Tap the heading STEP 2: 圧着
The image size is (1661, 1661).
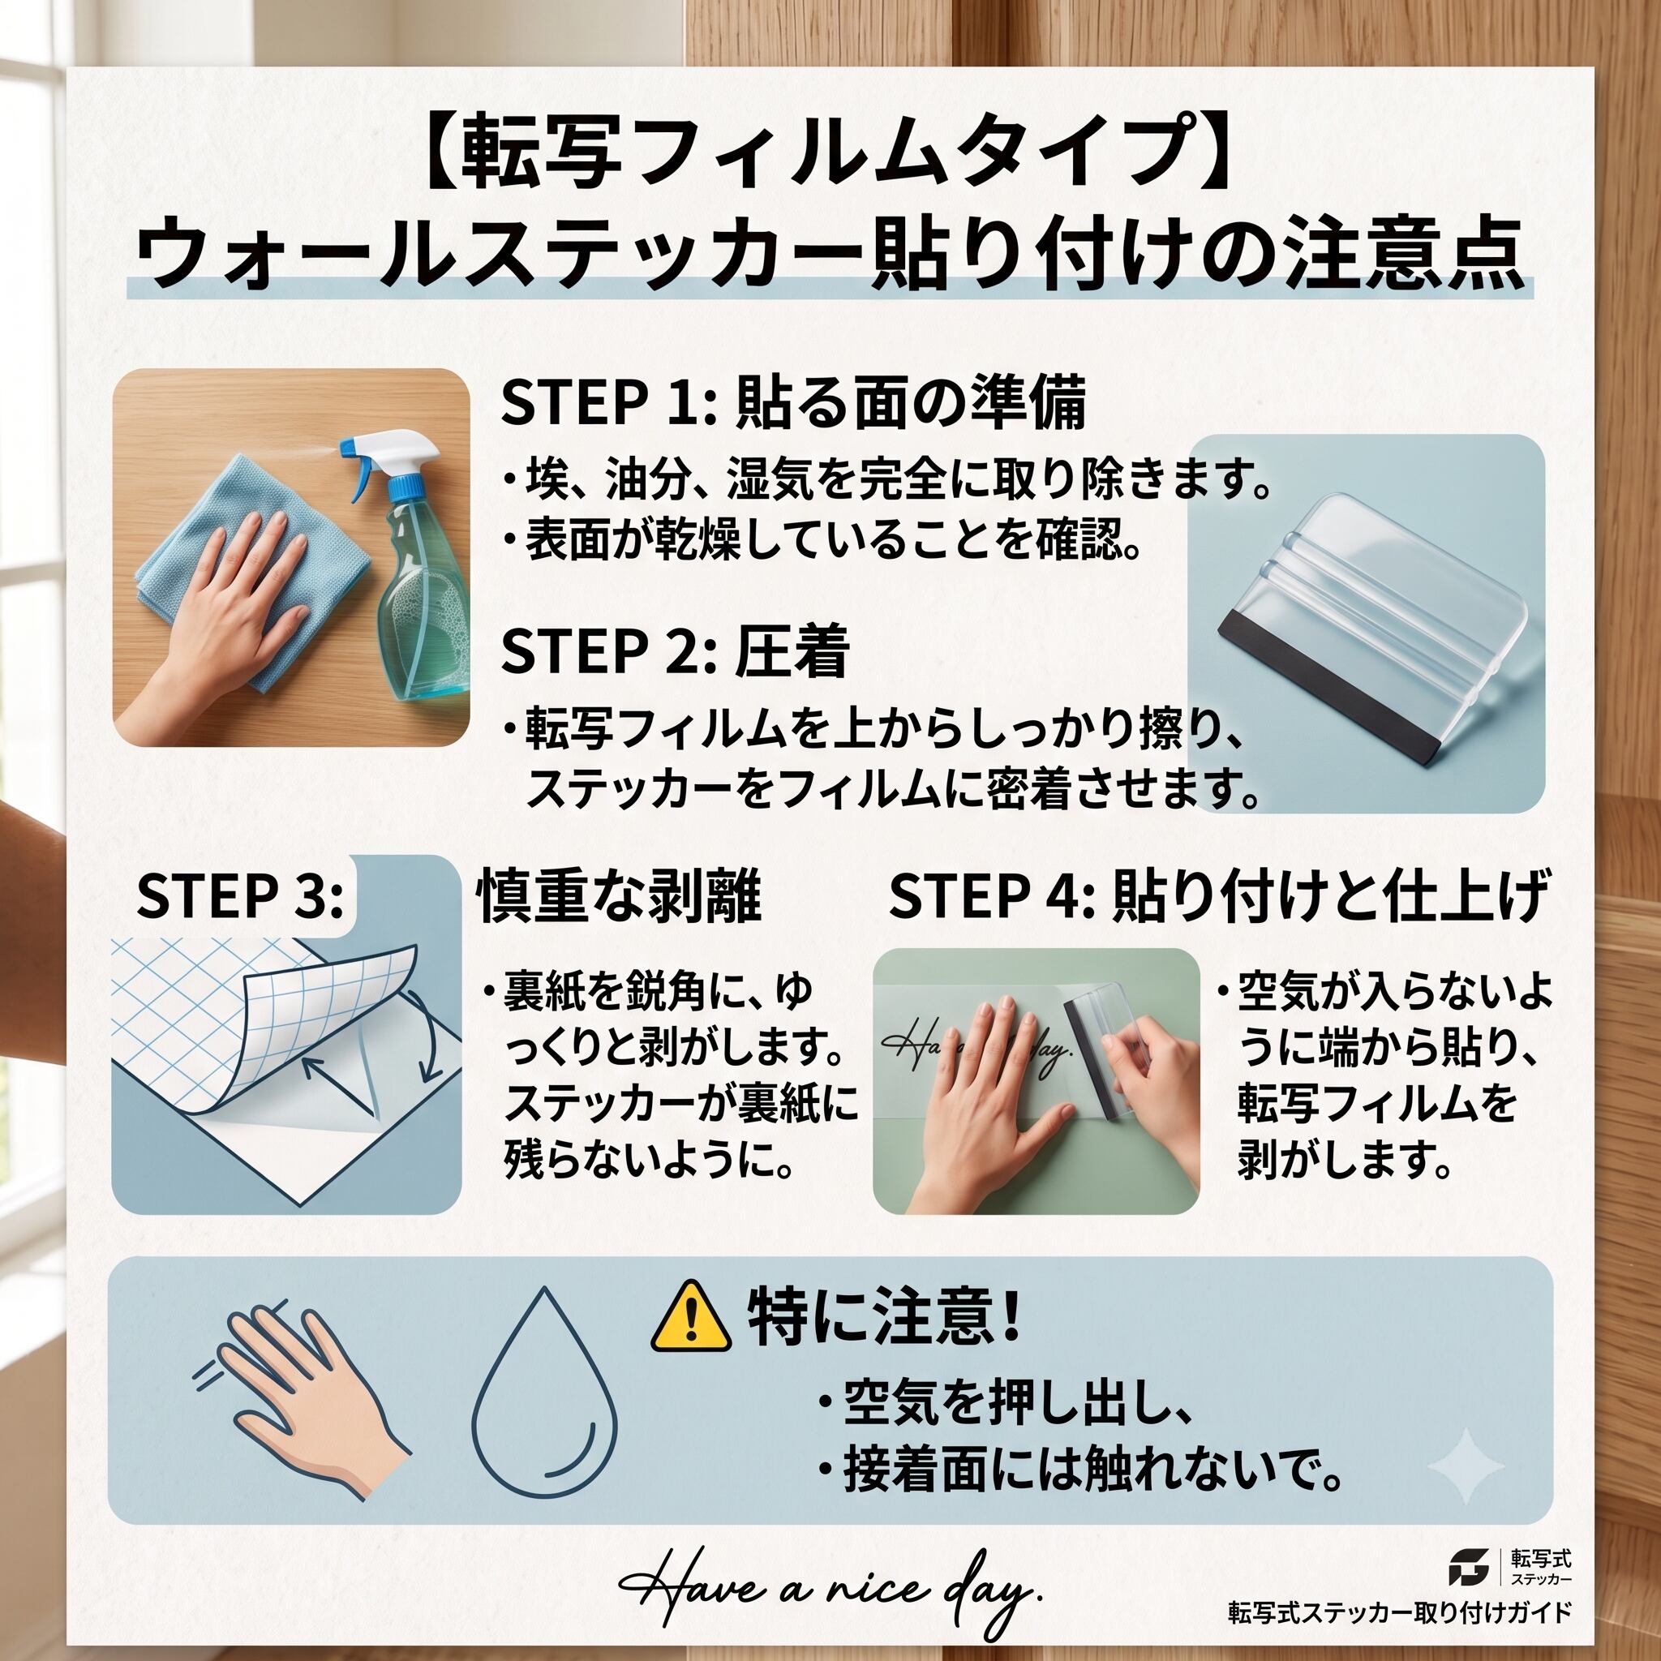tap(676, 650)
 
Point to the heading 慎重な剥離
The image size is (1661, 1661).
tap(619, 896)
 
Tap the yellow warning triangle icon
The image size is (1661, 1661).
tap(690, 1316)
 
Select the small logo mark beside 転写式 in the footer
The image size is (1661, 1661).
tap(1467, 1566)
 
